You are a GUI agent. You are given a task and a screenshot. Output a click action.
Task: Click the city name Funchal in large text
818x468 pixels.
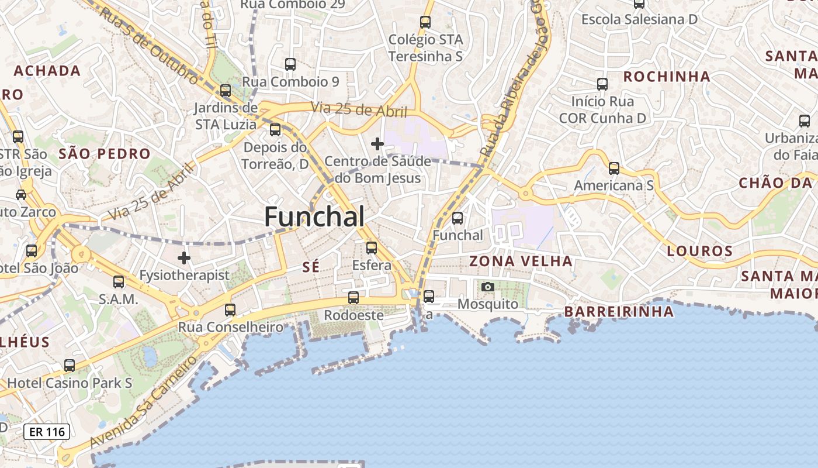click(x=315, y=216)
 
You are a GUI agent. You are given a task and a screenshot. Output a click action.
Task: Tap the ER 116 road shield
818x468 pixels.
click(x=47, y=432)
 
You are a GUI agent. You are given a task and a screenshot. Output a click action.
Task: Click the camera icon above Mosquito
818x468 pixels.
click(x=488, y=287)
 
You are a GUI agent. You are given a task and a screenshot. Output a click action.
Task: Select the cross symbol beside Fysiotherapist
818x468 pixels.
click(x=184, y=257)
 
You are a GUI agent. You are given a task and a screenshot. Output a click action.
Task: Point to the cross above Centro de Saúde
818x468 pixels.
click(x=377, y=143)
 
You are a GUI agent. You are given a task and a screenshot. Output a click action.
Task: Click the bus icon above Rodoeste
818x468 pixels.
click(x=353, y=298)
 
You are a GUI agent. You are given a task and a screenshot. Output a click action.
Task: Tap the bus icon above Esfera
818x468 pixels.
click(x=372, y=247)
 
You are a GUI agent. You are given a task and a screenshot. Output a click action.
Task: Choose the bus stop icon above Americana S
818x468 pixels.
click(x=614, y=168)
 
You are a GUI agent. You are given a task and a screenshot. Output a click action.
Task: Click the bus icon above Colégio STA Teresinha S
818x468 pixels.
click(x=425, y=22)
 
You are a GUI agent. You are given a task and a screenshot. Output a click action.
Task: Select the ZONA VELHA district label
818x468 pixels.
click(x=521, y=261)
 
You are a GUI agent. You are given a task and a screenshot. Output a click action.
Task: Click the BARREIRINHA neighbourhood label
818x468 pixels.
click(x=619, y=312)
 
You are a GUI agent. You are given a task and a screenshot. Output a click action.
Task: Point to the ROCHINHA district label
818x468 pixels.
click(x=667, y=77)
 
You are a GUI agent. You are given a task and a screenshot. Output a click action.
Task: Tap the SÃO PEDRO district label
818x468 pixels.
click(x=105, y=154)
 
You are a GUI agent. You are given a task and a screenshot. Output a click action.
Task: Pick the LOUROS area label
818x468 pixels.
click(x=700, y=252)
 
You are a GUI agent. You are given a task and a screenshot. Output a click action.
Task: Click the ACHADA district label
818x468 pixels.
click(x=47, y=71)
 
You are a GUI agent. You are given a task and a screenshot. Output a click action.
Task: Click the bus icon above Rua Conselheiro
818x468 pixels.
click(x=230, y=309)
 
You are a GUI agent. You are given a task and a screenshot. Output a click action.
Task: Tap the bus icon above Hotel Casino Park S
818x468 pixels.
click(x=70, y=366)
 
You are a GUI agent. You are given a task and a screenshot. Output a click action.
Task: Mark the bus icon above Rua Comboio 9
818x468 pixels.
click(x=290, y=64)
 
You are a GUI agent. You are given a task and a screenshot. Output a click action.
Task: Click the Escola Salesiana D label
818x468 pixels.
click(x=639, y=19)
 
